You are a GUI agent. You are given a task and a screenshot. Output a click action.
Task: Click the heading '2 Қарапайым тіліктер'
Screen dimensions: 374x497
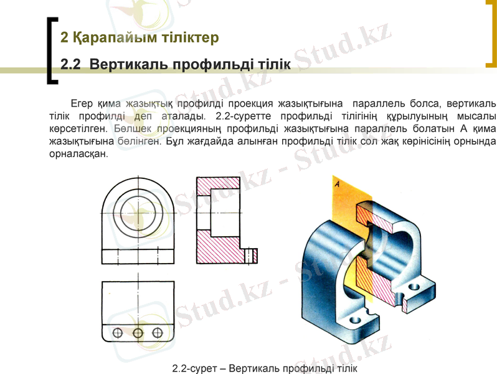coord(140,38)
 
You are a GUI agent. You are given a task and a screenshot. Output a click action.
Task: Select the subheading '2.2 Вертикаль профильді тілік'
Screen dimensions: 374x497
coord(176,65)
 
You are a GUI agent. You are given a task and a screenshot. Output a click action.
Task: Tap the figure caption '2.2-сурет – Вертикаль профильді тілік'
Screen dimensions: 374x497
coord(265,368)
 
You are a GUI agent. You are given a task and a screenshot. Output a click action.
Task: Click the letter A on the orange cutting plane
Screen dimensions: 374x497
coord(337,185)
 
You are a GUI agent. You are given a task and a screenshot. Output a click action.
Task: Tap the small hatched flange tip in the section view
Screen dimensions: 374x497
coord(252,255)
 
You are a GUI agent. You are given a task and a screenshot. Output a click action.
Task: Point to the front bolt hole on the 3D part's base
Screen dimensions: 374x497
coord(356,320)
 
